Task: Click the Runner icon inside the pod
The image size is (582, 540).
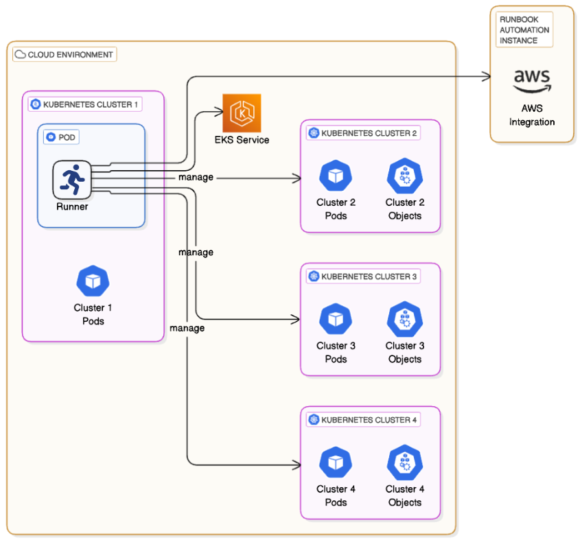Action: tap(72, 180)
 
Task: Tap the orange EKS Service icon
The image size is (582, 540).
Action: tap(242, 113)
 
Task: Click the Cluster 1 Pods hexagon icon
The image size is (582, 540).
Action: tap(93, 281)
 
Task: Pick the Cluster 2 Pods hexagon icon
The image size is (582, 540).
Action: tap(336, 176)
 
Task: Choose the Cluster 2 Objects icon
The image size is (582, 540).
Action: tap(404, 176)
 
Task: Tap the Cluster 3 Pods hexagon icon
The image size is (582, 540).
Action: tap(336, 319)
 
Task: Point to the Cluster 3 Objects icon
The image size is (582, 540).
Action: tap(404, 319)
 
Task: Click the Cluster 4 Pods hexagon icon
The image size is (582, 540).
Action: tap(336, 462)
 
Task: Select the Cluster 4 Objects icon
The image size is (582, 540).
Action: tap(404, 462)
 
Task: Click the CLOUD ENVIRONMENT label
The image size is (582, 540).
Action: tap(65, 55)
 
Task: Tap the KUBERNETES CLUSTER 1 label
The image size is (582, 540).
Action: tap(85, 104)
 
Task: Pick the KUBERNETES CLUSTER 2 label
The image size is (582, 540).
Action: tap(363, 133)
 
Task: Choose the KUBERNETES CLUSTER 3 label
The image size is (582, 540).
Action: tap(363, 276)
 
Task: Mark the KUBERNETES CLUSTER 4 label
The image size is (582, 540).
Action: tap(363, 419)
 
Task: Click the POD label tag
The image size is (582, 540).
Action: tap(61, 137)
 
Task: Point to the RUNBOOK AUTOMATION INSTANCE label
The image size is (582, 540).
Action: tap(524, 30)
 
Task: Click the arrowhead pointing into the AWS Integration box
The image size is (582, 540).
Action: tap(487, 77)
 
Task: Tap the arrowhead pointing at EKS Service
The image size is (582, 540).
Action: tap(219, 111)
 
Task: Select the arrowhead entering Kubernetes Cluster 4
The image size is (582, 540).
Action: tap(296, 465)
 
